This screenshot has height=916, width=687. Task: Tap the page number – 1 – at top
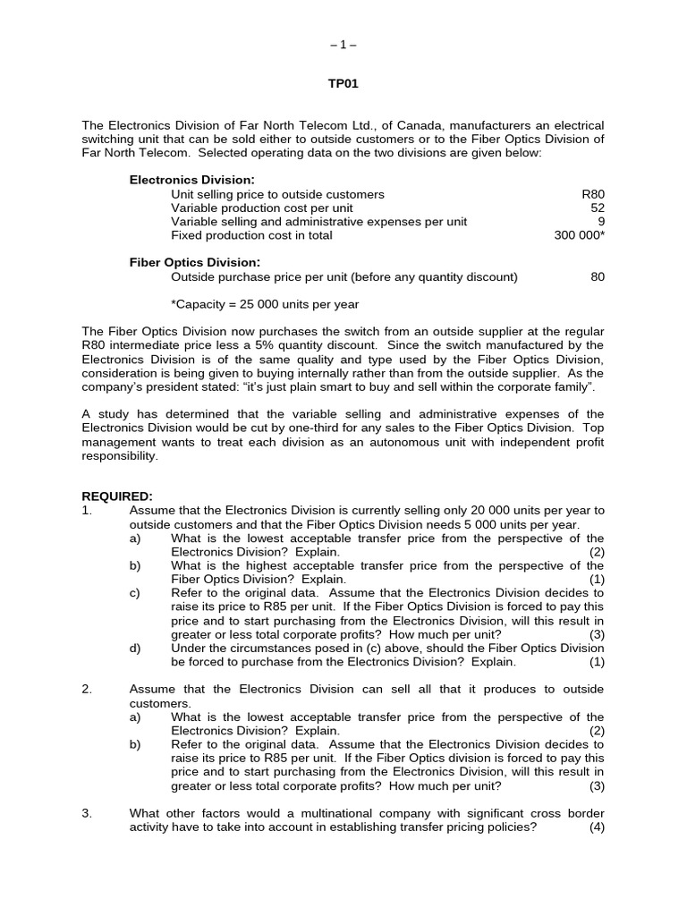(343, 44)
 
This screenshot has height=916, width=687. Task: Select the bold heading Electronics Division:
(191, 180)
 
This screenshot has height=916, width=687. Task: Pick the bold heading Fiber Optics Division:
(194, 262)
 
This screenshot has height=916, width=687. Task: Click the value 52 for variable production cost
(597, 208)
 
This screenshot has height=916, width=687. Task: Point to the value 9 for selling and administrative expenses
(600, 221)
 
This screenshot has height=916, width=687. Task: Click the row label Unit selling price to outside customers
(277, 194)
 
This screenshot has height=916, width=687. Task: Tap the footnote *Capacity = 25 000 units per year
(265, 304)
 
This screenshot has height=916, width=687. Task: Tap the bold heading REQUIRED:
(117, 496)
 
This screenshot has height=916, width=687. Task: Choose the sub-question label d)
(135, 648)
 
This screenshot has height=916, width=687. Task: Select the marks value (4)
(597, 827)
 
